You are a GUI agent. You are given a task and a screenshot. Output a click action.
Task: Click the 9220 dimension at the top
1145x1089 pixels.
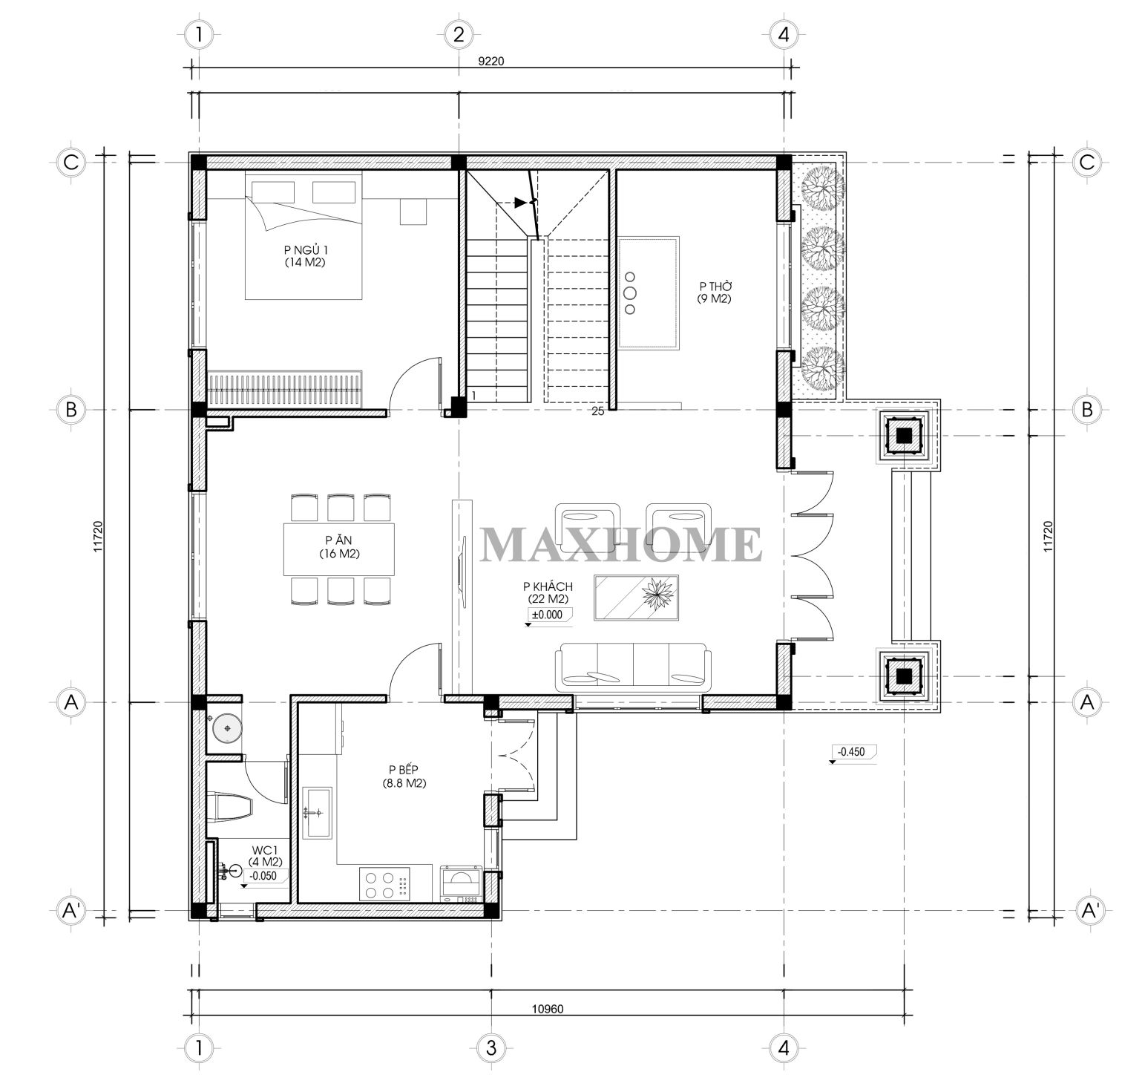(491, 62)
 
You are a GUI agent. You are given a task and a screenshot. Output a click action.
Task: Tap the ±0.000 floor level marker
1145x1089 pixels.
(545, 615)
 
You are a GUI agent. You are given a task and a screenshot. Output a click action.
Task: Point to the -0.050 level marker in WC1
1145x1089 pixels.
(263, 875)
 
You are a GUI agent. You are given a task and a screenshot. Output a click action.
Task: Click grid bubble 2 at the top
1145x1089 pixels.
(458, 33)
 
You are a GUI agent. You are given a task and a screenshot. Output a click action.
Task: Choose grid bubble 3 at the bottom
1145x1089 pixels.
(491, 1047)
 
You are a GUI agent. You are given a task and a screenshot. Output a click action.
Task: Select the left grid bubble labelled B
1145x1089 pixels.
(71, 409)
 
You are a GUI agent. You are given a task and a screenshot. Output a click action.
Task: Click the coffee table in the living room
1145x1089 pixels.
(636, 597)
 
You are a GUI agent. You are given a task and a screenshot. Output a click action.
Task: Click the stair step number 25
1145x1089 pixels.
(598, 412)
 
